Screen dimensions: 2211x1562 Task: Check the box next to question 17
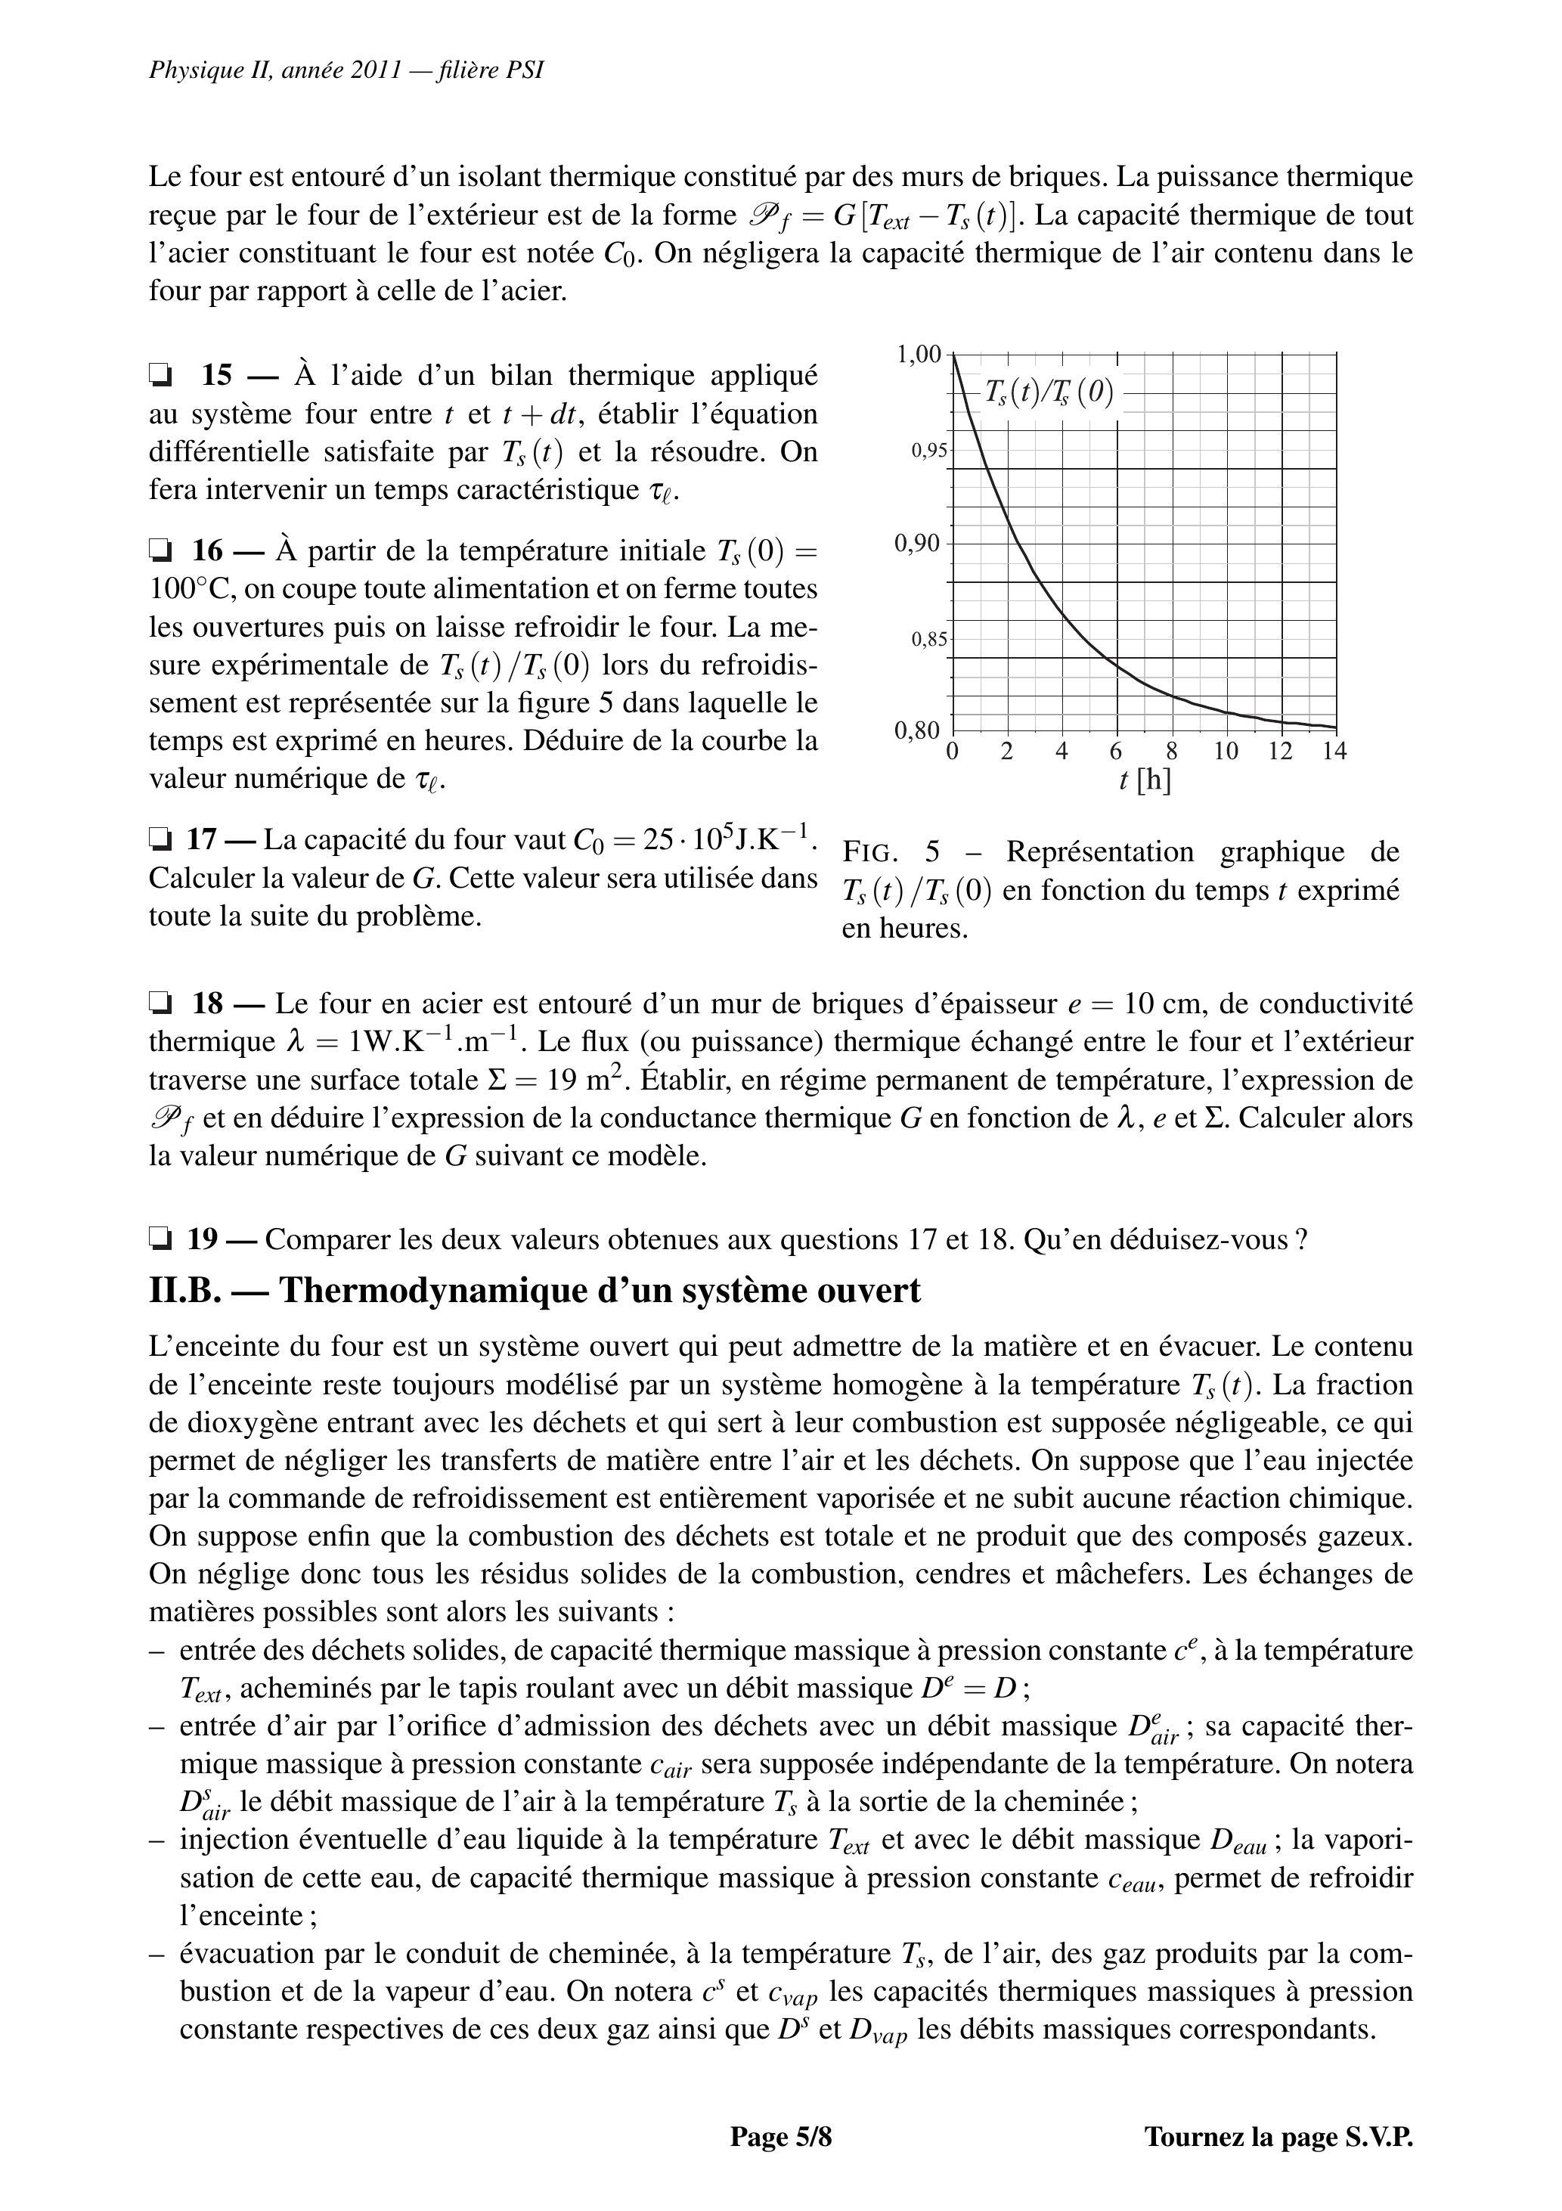(161, 840)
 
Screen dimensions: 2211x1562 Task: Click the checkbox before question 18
(161, 1004)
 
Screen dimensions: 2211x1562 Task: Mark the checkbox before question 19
(161, 1239)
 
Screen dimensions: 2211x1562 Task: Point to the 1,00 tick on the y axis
(919, 355)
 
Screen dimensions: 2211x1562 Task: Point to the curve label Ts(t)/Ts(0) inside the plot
(1049, 393)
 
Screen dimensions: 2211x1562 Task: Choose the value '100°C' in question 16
(191, 589)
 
